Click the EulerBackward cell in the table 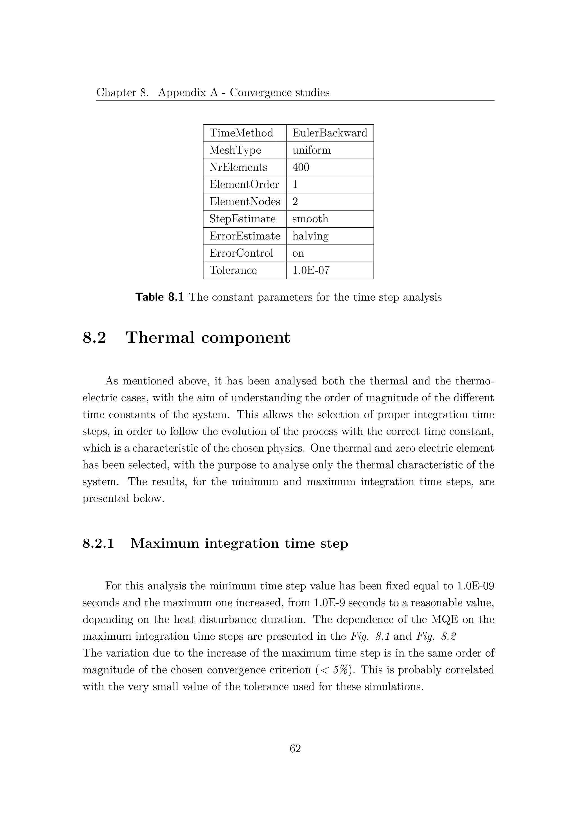[x=329, y=133]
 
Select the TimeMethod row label [x=241, y=133]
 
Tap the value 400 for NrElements [x=301, y=167]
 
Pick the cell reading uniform [x=311, y=150]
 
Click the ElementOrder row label [x=244, y=185]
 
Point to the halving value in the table [x=310, y=236]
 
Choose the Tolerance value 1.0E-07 [x=311, y=270]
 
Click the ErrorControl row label [x=241, y=253]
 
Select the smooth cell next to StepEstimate [x=310, y=219]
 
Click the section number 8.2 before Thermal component [x=94, y=338]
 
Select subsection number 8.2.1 [x=98, y=543]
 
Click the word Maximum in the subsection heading [x=165, y=543]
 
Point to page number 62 [x=295, y=749]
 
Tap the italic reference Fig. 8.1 [x=370, y=637]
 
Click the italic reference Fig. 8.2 [x=436, y=637]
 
